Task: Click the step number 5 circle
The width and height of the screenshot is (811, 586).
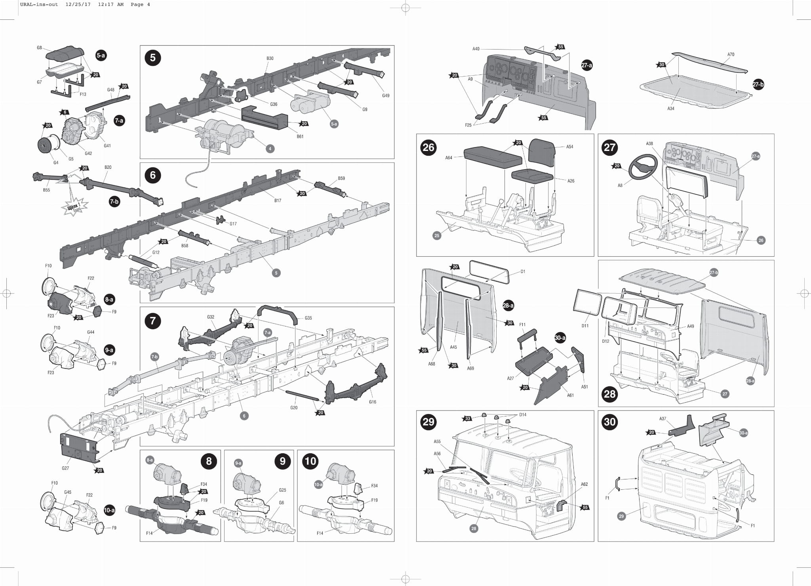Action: [153, 58]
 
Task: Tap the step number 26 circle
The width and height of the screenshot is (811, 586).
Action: [428, 147]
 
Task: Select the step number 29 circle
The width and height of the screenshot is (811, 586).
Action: [428, 422]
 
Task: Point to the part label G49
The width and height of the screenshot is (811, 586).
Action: [386, 95]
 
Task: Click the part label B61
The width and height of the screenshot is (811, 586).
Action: [300, 137]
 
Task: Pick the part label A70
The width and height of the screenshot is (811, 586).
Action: [731, 55]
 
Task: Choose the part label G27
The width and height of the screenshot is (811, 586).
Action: [65, 468]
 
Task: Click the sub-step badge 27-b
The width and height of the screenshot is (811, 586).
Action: [758, 84]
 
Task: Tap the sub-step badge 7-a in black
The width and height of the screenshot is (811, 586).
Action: [119, 120]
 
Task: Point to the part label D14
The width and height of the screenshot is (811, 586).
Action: [523, 415]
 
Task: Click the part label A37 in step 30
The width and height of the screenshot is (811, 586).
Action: [663, 419]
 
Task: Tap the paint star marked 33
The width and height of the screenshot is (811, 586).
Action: [468, 418]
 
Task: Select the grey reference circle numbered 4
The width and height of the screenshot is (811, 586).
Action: [270, 149]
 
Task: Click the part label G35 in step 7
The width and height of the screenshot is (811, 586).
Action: [308, 318]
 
